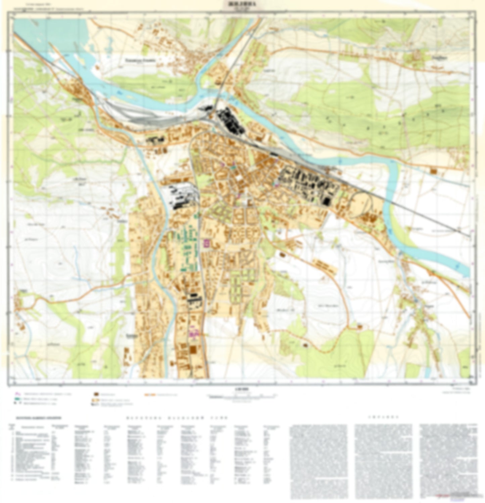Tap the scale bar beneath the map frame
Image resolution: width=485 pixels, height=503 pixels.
[242, 397]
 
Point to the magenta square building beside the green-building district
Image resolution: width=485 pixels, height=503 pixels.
[207, 243]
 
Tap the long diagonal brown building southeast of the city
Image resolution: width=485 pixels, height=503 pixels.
[324, 267]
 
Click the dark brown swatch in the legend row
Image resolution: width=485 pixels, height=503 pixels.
[96, 393]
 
